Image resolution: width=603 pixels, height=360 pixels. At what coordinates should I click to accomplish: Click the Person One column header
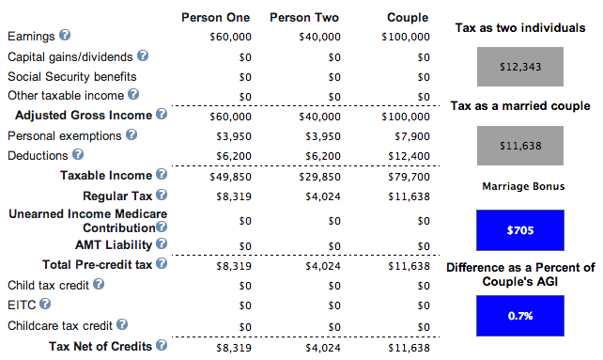click(x=215, y=17)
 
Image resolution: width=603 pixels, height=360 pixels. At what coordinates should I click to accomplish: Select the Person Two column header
click(x=304, y=17)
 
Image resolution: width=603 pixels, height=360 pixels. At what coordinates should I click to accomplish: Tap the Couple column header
click(x=408, y=18)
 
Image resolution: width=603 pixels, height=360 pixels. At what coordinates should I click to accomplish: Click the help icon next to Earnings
click(x=65, y=35)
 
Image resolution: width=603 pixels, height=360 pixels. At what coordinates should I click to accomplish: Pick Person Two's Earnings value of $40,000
click(x=319, y=37)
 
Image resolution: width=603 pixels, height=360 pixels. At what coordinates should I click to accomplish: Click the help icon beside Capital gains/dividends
click(x=143, y=55)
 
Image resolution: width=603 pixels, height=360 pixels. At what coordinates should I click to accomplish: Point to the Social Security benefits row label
click(x=72, y=77)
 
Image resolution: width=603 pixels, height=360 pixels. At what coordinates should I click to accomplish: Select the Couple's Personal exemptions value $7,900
click(x=412, y=136)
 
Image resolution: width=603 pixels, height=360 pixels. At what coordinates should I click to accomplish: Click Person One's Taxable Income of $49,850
click(x=230, y=177)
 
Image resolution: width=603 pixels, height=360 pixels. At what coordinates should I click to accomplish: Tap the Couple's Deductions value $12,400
click(x=409, y=156)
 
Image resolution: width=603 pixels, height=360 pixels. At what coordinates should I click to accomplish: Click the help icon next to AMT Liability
click(x=162, y=243)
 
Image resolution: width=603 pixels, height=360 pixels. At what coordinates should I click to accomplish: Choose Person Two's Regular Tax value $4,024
click(x=323, y=196)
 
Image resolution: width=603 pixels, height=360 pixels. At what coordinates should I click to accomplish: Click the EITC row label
click(x=22, y=305)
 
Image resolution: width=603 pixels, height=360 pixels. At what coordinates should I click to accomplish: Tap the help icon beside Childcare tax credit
click(x=122, y=324)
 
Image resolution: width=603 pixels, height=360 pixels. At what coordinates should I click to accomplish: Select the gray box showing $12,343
click(x=520, y=67)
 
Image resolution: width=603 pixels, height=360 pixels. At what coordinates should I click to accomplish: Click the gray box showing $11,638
click(x=520, y=146)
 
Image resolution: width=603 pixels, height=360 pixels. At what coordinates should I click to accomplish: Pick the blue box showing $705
click(x=520, y=230)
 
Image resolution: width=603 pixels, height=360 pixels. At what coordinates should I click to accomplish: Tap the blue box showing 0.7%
click(x=520, y=316)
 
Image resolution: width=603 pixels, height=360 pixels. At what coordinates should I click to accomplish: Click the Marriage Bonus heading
click(x=523, y=186)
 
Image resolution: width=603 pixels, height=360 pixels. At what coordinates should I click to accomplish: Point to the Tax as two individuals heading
click(x=520, y=27)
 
